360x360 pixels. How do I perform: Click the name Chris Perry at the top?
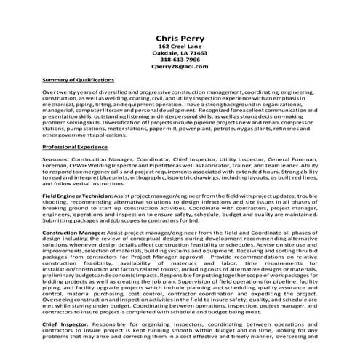179,39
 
